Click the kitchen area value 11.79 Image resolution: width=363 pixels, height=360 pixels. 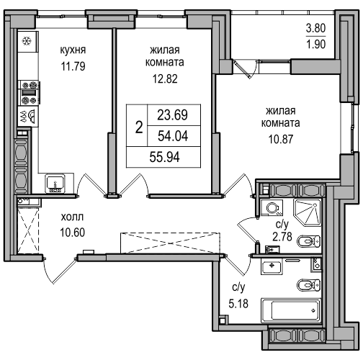[73, 66]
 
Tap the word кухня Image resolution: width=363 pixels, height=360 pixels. [73, 50]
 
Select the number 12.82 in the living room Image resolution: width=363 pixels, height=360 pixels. [165, 78]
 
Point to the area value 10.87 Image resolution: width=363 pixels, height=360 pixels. [281, 139]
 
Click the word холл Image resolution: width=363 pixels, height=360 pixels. [72, 217]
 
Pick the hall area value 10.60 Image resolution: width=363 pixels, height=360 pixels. [72, 233]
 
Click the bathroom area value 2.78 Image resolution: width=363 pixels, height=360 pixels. [282, 236]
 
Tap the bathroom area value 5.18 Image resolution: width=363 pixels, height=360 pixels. [238, 304]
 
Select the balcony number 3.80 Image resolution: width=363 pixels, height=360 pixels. [315, 28]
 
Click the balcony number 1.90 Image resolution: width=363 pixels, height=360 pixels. [315, 44]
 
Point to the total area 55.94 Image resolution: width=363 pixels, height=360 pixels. [164, 158]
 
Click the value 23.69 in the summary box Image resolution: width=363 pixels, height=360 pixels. [172, 115]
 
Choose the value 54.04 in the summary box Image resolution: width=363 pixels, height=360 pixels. [173, 136]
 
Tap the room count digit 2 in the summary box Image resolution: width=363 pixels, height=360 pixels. [139, 127]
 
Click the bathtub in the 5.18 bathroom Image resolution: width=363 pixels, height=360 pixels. [291, 311]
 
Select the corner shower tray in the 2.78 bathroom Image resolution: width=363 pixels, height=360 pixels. [308, 212]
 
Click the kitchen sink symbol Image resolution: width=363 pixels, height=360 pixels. [55, 184]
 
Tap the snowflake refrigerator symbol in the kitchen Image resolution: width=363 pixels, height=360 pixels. [27, 41]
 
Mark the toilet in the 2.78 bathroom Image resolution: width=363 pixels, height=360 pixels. [309, 241]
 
